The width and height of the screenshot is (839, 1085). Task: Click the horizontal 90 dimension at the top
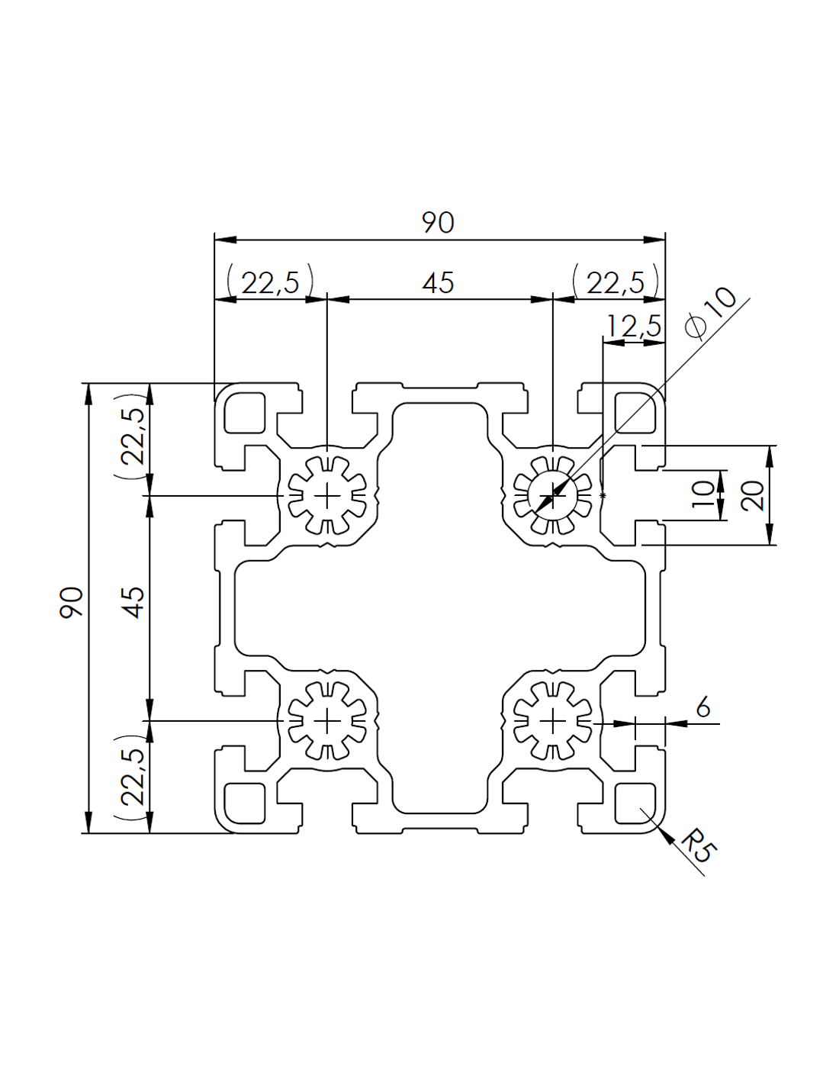tap(439, 223)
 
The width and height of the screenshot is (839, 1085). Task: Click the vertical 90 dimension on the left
tap(72, 603)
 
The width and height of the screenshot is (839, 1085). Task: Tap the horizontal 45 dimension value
tap(438, 283)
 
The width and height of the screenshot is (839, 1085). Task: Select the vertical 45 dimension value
tap(133, 603)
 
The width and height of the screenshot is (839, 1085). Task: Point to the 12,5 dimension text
tap(633, 327)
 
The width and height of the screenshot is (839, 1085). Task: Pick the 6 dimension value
tap(702, 707)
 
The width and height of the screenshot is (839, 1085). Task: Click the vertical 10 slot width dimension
tap(704, 495)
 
